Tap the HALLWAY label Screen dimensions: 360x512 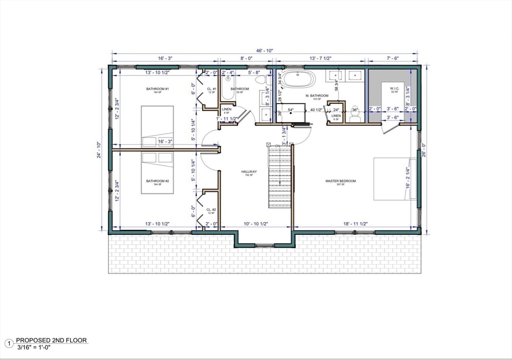point(249,171)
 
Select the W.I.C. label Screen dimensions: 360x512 point(394,89)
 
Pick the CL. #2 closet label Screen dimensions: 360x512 point(211,209)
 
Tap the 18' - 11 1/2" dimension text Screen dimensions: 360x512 point(355,223)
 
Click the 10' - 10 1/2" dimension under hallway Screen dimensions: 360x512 point(256,223)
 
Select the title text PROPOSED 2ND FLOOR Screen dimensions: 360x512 point(51,340)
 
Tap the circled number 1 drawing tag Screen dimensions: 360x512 point(8,343)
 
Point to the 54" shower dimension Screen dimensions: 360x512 point(290,109)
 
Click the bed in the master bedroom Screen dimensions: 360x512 point(395,178)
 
